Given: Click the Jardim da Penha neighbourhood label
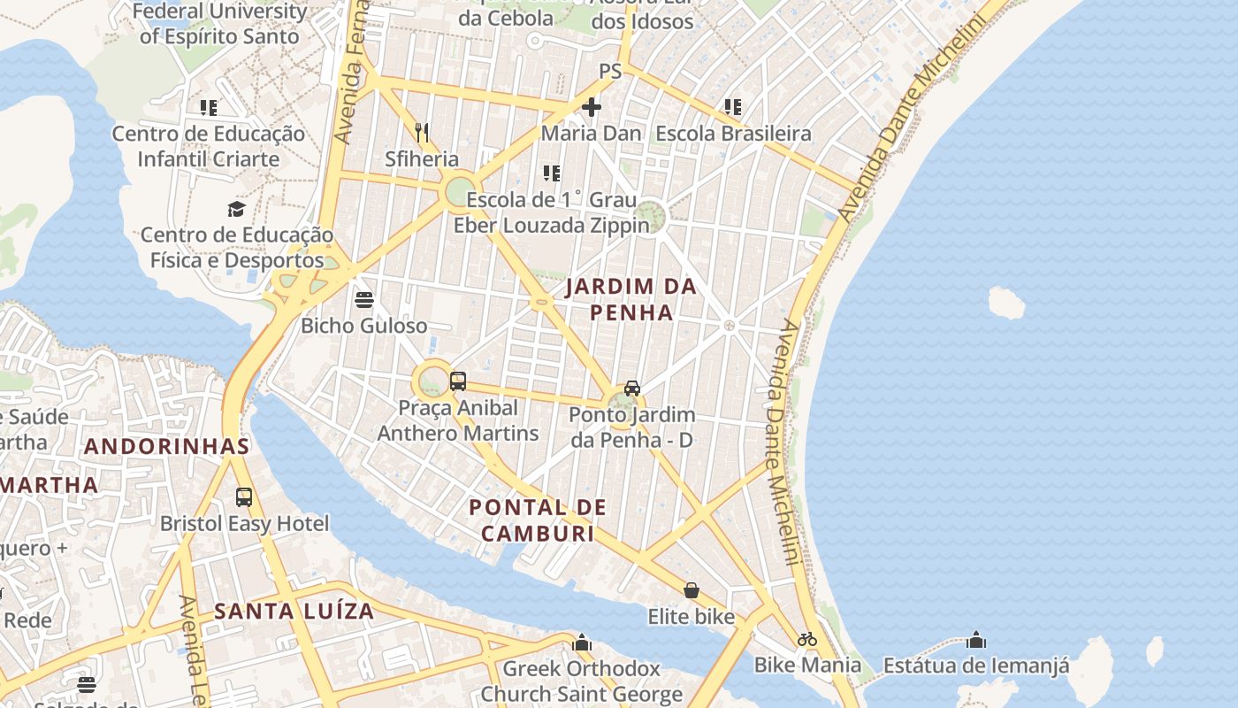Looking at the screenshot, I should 631,299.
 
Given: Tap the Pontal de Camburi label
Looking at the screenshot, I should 538,520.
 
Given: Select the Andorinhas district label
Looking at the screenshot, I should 167,446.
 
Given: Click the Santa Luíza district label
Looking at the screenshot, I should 294,611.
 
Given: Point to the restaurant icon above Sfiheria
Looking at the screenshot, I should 422,133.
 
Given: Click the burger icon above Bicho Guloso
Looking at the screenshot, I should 363,300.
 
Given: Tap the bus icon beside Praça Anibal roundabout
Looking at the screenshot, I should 458,381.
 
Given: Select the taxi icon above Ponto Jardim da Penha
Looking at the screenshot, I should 631,389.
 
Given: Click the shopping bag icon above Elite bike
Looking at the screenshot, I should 692,590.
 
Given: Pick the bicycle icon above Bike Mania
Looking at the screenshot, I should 806,639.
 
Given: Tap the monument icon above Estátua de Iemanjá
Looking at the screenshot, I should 976,640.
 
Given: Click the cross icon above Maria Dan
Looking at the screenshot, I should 592,108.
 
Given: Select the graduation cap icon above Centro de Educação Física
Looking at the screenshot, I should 236,210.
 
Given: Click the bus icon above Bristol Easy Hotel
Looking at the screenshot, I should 244,497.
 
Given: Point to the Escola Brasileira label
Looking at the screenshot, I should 733,134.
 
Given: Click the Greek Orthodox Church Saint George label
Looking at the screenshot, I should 582,681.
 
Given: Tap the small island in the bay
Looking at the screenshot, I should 1005,303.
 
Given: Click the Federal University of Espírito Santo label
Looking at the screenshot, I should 219,24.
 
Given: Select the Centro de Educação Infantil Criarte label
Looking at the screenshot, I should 209,147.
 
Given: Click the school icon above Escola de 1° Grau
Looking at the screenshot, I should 552,173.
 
